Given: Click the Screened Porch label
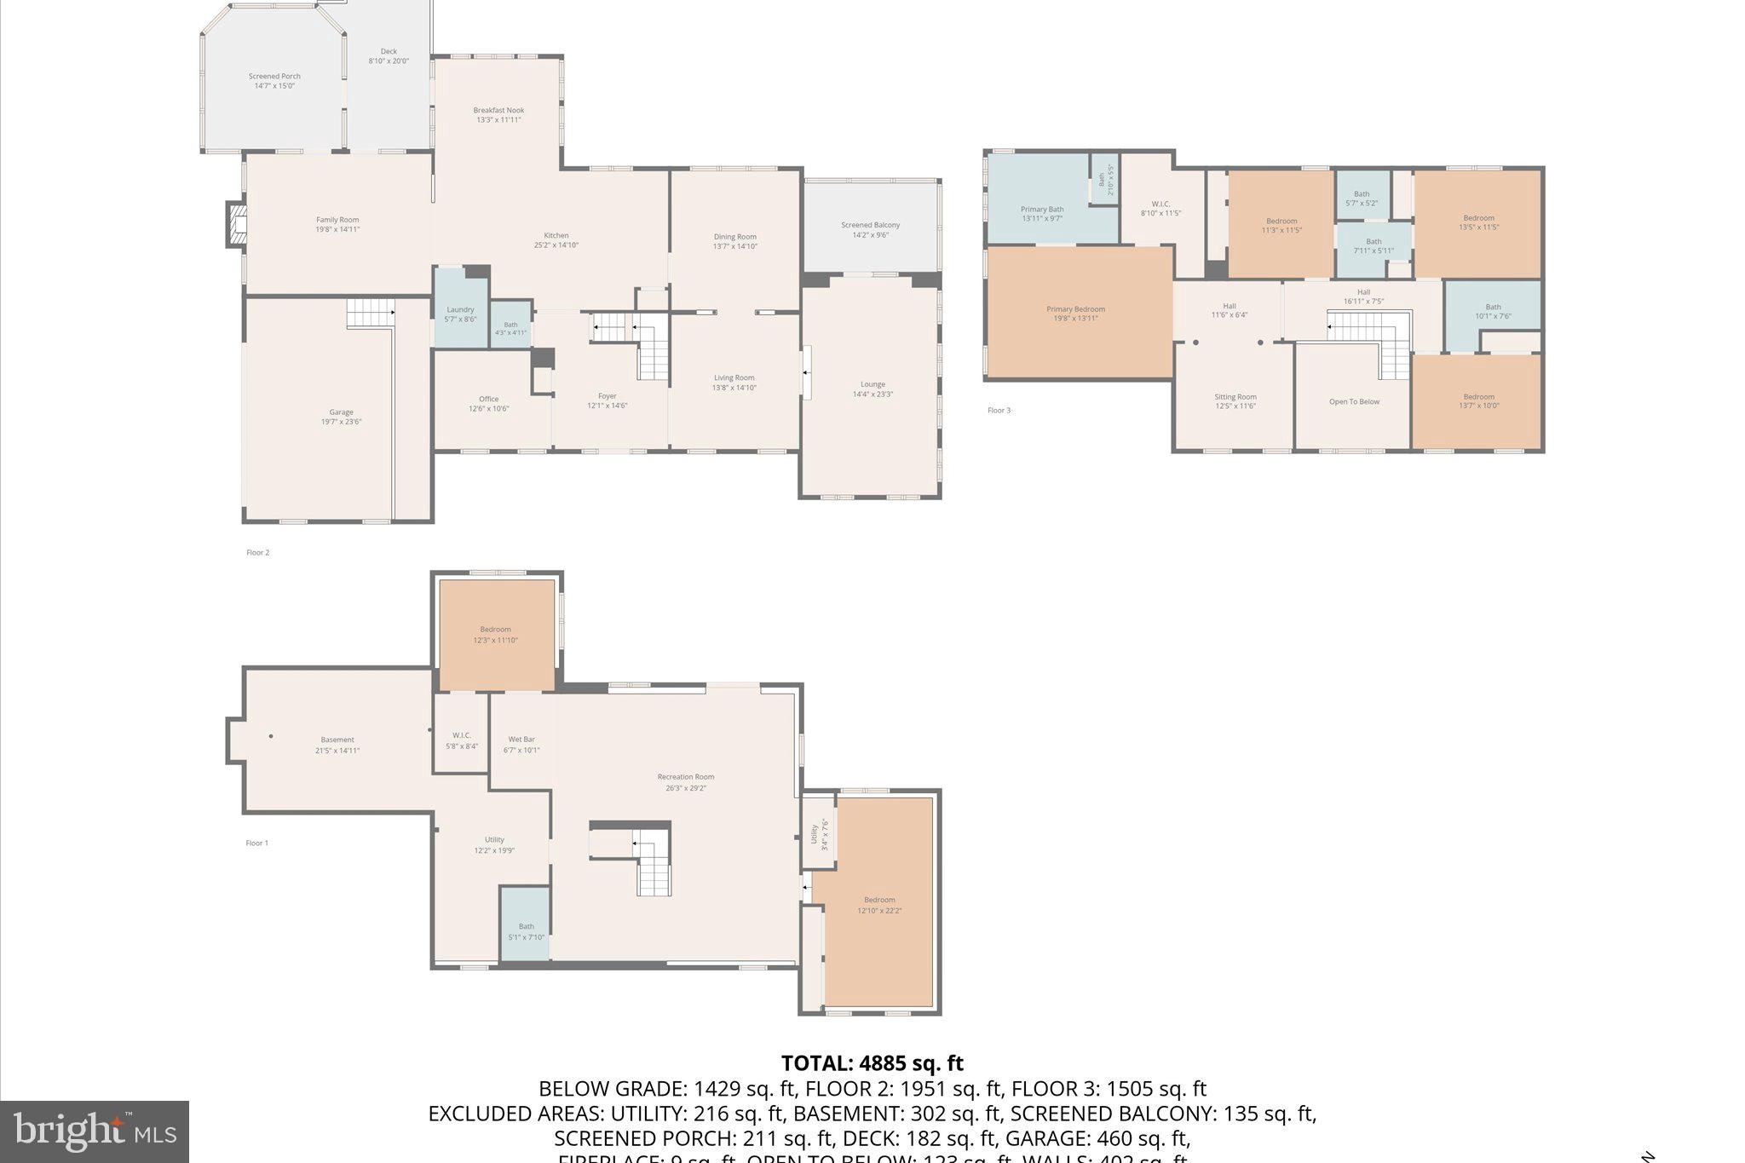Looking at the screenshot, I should pos(274,81).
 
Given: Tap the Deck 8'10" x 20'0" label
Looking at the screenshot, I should pos(389,56).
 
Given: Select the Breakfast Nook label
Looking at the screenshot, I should pos(498,115).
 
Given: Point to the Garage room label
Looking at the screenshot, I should pos(341,417).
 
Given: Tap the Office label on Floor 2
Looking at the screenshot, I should pos(488,403).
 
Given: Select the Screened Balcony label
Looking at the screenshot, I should pos(870,229).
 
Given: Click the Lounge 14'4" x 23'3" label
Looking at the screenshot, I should pos(872,389).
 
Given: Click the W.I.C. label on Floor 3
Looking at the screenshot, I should pos(1160,208).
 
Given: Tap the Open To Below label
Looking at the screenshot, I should pos(1354,401).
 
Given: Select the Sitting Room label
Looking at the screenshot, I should pos(1235,400).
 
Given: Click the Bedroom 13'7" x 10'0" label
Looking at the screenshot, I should pos(1478,400).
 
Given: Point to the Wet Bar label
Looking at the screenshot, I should pos(521,745).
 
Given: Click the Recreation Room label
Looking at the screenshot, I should pos(686,781).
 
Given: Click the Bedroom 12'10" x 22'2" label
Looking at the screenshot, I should pos(879,905).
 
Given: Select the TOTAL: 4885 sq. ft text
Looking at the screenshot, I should pos(872,1063).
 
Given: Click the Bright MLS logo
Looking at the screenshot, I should pos(95,1131).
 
